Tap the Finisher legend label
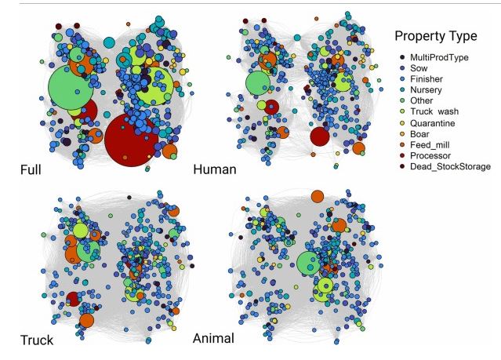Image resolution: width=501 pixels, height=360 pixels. point(426,79)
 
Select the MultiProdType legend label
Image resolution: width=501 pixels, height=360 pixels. point(440,57)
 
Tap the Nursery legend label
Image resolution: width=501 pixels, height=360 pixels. point(426,90)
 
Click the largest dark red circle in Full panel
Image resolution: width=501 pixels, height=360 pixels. point(131,140)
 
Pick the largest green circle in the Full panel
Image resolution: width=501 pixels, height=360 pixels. point(71,91)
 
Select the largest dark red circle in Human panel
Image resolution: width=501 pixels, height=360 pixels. point(319,137)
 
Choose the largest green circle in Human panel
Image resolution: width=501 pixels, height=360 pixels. point(257,83)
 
